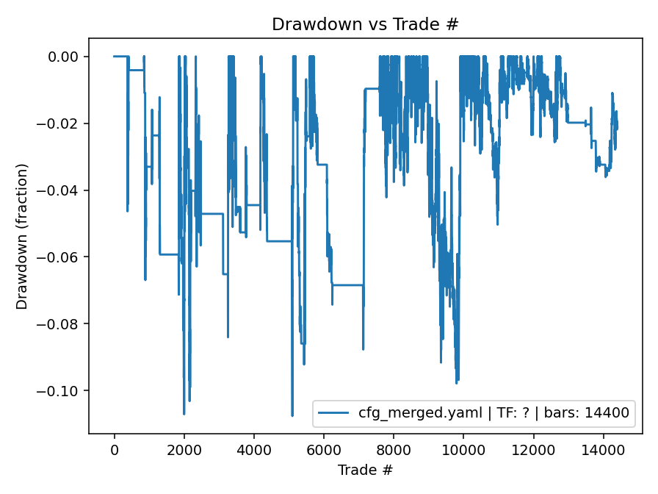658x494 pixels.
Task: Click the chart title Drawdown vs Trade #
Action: pyautogui.click(x=365, y=24)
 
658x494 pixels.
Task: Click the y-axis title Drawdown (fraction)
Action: pyautogui.click(x=23, y=236)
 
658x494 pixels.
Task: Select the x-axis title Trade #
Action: pyautogui.click(x=365, y=470)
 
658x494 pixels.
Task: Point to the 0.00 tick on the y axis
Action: pyautogui.click(x=68, y=57)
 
